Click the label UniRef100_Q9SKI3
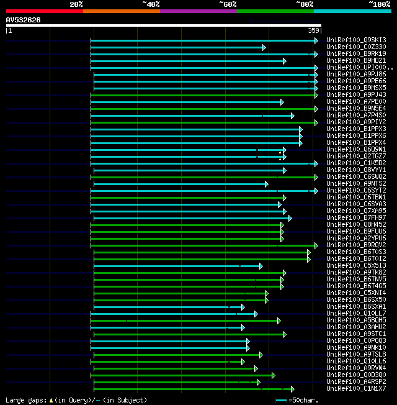pyautogui.click(x=356, y=40)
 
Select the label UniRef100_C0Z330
pyautogui.click(x=356, y=47)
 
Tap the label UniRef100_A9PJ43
pyautogui.click(x=356, y=95)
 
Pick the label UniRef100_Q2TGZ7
pyautogui.click(x=356, y=157)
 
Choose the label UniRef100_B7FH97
pyautogui.click(x=356, y=218)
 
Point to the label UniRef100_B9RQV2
pyautogui.click(x=356, y=245)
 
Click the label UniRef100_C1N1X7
pyautogui.click(x=356, y=389)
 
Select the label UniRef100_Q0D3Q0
pyautogui.click(x=356, y=375)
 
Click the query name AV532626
pyautogui.click(x=24, y=20)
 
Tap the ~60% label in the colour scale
pyautogui.click(x=228, y=4)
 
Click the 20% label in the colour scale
pyautogui.click(x=76, y=4)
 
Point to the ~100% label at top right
pyautogui.click(x=379, y=4)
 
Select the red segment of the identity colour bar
pyautogui.click(x=44, y=11)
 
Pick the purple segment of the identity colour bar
pyautogui.click(x=198, y=11)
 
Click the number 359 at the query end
pyautogui.click(x=313, y=30)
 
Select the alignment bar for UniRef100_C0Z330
pyautogui.click(x=177, y=47)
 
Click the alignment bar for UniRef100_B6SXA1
pyautogui.click(x=167, y=307)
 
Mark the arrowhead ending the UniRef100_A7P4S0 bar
pyautogui.click(x=292, y=116)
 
